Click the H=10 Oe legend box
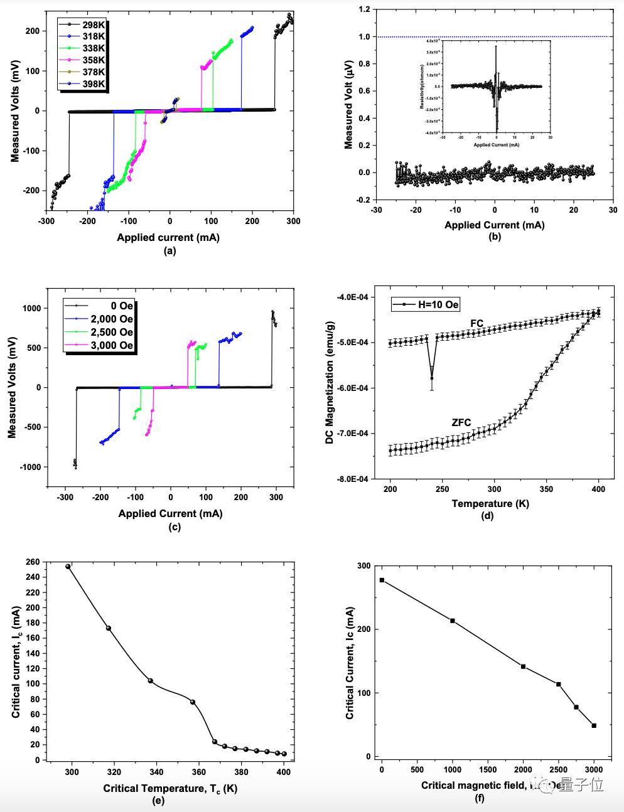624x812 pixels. pos(426,305)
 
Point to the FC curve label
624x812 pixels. pos(477,324)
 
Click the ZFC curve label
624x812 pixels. pos(461,423)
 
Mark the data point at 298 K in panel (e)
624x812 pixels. pos(68,567)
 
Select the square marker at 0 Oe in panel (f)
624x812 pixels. pos(382,580)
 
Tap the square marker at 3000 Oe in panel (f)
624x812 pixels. pos(594,725)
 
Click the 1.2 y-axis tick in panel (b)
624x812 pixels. pos(362,9)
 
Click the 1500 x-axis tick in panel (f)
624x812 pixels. pos(488,770)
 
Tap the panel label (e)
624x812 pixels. pos(159,801)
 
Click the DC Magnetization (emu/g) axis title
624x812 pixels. pos(330,388)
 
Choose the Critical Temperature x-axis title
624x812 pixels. pos(170,788)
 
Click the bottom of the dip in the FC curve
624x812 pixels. pos(432,378)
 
